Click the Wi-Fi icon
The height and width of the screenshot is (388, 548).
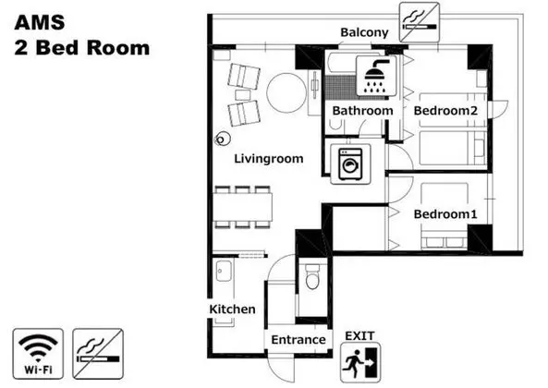point(38,354)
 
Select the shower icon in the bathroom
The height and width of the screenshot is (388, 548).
point(376,76)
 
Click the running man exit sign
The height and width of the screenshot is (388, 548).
point(360,363)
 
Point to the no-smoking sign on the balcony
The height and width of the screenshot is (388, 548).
point(420,22)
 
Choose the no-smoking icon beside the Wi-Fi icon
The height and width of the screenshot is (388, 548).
point(98,354)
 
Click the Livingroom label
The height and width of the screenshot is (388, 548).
point(268,159)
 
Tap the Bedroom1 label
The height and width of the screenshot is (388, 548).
point(445,214)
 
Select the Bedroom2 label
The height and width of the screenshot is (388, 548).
point(445,111)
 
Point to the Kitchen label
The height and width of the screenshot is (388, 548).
point(232,309)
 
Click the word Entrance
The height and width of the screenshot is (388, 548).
point(298,339)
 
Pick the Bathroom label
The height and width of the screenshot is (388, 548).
point(362,111)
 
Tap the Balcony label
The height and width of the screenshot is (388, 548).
point(364,32)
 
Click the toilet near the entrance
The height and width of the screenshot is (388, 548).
point(312,276)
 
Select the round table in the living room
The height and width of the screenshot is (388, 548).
point(286,92)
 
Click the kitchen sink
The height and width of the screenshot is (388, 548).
point(224,271)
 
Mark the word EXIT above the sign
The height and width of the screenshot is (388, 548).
point(359,336)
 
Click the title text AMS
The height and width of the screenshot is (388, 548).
point(40,23)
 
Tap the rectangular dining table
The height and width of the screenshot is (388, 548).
point(243,206)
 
